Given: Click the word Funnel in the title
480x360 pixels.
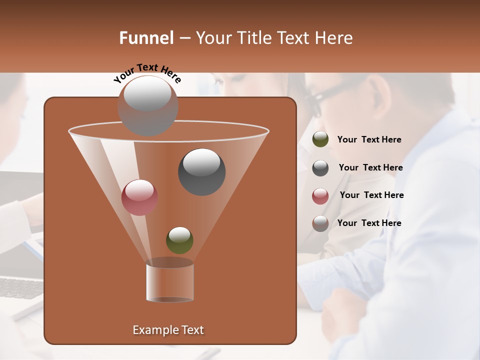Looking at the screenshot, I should click(146, 38).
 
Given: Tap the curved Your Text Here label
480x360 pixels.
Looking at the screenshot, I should click(147, 73).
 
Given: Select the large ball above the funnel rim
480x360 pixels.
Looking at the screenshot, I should click(147, 105).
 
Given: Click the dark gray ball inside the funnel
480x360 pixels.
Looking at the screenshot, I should click(201, 172).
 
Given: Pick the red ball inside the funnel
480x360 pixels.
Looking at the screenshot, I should click(139, 197).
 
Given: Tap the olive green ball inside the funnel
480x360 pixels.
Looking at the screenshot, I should click(179, 240).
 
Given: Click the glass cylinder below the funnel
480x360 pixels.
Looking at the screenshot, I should click(169, 281).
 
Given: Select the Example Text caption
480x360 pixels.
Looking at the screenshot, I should click(168, 330).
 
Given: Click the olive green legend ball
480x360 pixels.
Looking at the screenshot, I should click(320, 139).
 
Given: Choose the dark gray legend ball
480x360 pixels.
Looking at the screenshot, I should click(320, 168).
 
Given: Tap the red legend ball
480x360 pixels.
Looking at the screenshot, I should click(320, 196).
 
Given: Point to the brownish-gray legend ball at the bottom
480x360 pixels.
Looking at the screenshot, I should click(320, 223).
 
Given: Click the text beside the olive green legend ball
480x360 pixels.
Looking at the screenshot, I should click(369, 139).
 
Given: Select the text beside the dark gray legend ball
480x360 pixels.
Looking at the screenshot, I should click(370, 167).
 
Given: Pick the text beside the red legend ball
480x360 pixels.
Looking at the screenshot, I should click(371, 195).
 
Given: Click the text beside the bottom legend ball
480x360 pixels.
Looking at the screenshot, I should click(369, 223).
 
